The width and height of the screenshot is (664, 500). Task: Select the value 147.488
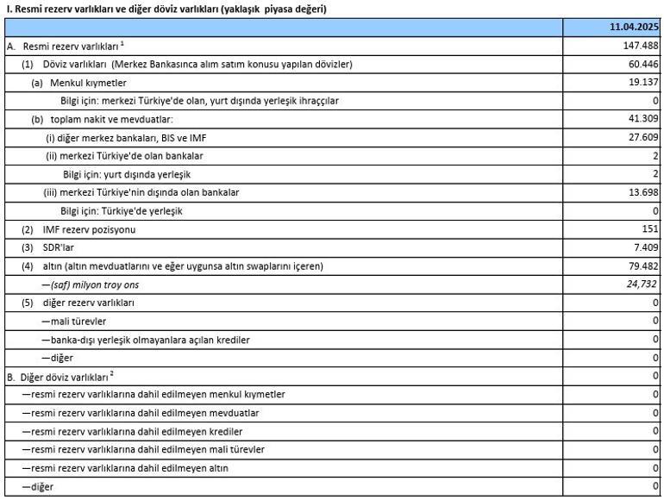(x=641, y=46)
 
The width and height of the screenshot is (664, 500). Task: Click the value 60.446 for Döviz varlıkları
(x=642, y=65)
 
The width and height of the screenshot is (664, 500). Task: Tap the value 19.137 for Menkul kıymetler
(x=643, y=83)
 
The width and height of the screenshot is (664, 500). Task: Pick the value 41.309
(x=643, y=119)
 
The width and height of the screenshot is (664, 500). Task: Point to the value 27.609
(x=643, y=137)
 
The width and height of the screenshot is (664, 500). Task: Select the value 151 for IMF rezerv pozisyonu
(x=650, y=229)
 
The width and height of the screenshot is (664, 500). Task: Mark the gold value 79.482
(x=643, y=266)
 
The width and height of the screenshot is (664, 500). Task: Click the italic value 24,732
(x=642, y=284)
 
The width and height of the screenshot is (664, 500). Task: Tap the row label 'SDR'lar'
(x=60, y=247)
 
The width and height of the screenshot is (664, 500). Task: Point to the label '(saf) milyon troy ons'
(x=95, y=284)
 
